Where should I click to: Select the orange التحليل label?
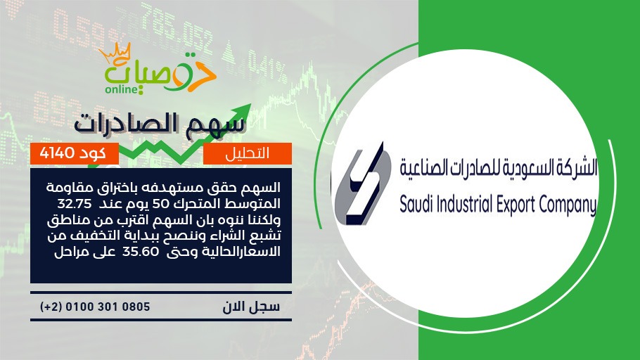pos(248,153)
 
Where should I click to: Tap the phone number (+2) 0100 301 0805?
pos(95,307)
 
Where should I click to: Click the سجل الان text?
pos(251,307)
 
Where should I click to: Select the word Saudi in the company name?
pos(416,204)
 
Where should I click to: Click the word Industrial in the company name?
pos(464,204)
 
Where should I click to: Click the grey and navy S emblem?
pos(360,184)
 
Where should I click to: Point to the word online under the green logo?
pos(121,89)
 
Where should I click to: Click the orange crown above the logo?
pos(115,53)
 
